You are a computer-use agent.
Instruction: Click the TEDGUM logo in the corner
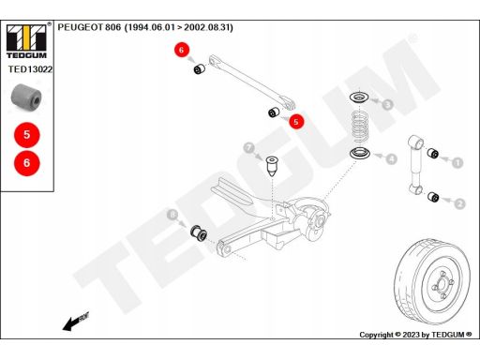26,41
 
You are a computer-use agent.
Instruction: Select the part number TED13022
30,69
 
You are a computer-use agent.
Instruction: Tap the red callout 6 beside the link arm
182,50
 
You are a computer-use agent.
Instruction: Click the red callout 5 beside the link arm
296,121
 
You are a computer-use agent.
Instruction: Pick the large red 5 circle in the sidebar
27,135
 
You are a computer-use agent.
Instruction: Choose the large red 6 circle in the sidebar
27,163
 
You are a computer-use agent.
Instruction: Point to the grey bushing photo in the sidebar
26,97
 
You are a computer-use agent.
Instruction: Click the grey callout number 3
388,104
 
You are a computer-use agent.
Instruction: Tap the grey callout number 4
391,159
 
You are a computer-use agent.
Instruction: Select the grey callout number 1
457,162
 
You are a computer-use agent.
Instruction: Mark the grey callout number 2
459,204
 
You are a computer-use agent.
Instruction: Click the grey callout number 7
249,148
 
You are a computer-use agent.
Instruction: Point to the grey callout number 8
172,215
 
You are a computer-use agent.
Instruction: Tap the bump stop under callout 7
272,167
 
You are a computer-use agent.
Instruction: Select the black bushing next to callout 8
199,232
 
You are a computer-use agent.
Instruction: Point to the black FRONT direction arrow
76,321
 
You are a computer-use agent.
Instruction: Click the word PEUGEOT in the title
81,27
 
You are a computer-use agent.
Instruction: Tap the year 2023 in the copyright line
412,335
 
